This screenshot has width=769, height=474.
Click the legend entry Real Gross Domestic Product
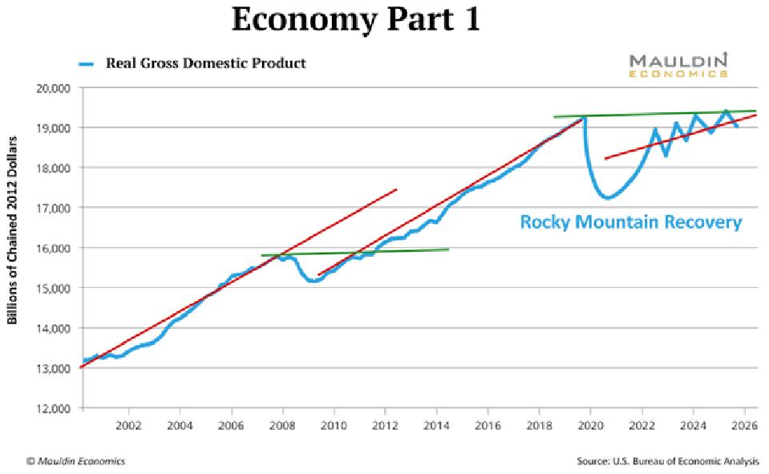[206, 63]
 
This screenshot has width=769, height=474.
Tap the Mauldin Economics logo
[678, 64]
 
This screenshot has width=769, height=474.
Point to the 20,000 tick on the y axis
[54, 87]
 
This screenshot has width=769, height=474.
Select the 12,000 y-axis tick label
[54, 408]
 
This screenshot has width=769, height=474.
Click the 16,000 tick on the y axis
[54, 248]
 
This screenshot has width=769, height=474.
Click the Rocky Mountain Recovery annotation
[631, 222]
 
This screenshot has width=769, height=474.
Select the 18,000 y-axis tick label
[54, 168]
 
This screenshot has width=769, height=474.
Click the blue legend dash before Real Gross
[86, 63]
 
